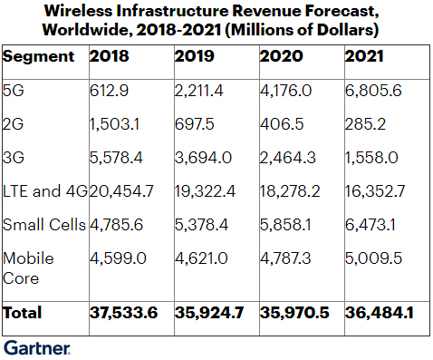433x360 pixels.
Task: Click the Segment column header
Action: coord(39,56)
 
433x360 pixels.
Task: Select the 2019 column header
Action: coord(194,56)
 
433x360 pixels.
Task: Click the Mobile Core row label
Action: coord(28,267)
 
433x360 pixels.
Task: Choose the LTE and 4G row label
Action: coord(43,190)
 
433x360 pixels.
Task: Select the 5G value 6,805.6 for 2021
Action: coord(373,91)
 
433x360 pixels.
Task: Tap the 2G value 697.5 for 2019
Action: coord(192,123)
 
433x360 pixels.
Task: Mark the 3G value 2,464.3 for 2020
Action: coord(286,158)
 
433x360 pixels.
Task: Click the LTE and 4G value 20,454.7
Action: coord(123,190)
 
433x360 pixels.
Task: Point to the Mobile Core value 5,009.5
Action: coord(373,258)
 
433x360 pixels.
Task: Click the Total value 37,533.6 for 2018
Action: coord(127,313)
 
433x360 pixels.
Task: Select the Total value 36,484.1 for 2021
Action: coord(382,313)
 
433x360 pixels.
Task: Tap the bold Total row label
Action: coord(24,313)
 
